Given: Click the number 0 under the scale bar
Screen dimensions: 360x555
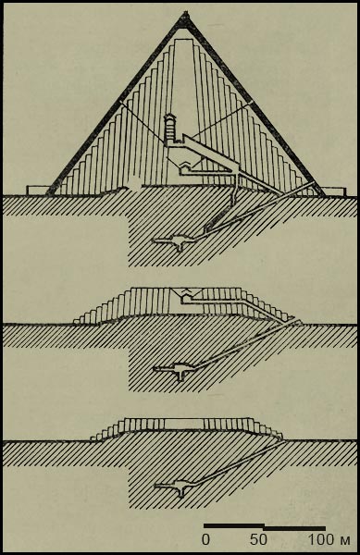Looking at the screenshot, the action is [205, 540].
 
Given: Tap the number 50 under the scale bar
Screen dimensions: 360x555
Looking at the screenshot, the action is [258, 540].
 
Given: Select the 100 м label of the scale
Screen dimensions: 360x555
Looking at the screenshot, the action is [329, 540].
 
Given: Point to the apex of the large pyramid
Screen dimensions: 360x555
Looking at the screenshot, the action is [185, 13].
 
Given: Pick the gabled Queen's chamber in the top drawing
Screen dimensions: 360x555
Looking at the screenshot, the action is [184, 165].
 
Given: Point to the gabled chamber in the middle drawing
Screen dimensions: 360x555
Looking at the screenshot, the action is [187, 292].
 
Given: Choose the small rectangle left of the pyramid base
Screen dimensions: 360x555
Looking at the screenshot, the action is [38, 190].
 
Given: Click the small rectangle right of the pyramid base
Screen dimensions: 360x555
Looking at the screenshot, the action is [333, 191].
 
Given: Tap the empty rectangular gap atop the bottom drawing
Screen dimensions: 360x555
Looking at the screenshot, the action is [184, 424].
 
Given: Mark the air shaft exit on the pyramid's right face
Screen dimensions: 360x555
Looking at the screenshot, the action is [252, 102].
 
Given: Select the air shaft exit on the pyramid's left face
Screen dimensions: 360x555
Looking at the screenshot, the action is [121, 103].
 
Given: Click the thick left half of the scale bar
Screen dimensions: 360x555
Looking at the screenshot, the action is [234, 525].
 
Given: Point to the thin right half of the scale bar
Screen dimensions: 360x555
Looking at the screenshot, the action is [295, 528].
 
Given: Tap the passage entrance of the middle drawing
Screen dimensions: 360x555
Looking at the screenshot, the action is [297, 322].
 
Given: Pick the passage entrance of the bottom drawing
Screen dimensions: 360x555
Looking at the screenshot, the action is [282, 439].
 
